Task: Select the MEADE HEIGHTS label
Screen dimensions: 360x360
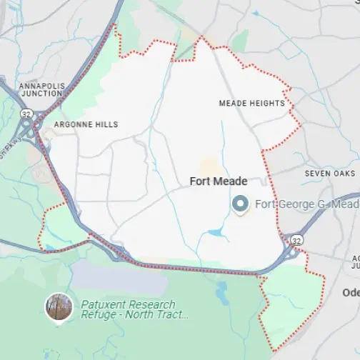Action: point(251,104)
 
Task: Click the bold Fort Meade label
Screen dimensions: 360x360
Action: point(219,181)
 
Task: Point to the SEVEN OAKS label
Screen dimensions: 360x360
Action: point(329,174)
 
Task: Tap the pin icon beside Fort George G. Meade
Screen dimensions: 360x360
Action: point(240,205)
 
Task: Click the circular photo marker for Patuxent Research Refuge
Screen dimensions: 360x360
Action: point(58,308)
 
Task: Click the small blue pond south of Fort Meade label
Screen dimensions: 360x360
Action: point(215,232)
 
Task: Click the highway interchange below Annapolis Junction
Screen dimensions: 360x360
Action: point(30,131)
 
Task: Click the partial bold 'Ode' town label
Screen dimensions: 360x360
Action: point(351,293)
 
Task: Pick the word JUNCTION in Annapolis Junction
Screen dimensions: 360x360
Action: point(42,94)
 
